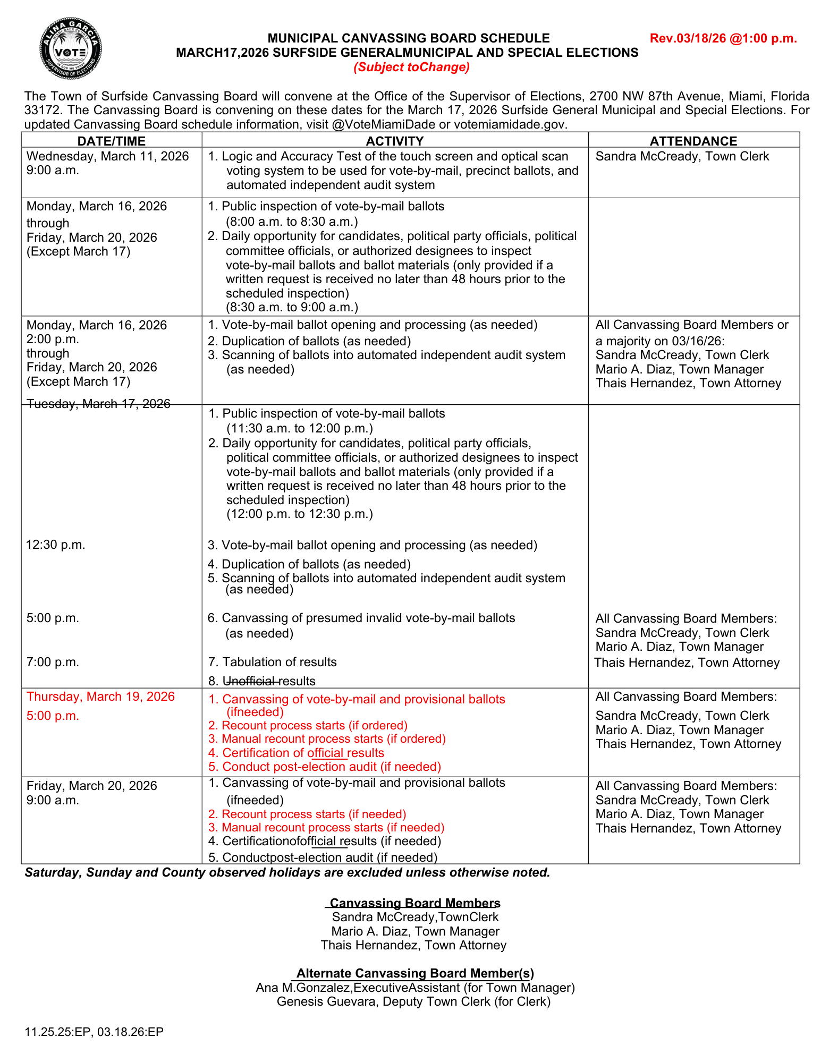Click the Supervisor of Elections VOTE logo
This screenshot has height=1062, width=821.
coord(71,48)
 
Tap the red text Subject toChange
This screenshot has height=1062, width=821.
coord(412,67)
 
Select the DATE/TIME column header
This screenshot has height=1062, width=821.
coord(111,141)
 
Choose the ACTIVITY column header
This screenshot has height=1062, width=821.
coord(395,141)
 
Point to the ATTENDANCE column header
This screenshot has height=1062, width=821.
coord(693,141)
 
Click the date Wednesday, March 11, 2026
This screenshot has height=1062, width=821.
coord(108,156)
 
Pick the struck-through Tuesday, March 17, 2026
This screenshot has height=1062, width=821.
coord(98,404)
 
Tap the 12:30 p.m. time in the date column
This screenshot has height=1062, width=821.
coord(56,545)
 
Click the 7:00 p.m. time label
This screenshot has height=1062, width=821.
coord(53,662)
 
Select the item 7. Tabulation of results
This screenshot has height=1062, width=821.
coord(273,662)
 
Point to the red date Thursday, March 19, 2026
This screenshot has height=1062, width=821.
coord(100,696)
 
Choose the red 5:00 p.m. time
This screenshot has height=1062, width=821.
coord(53,716)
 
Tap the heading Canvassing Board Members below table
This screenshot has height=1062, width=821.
coord(414,903)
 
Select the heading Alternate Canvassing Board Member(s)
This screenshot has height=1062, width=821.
coord(414,973)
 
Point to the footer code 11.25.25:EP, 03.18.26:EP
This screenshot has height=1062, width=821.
coord(94,1032)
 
